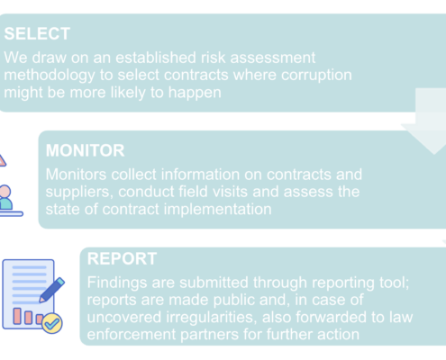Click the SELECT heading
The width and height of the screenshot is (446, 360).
click(x=37, y=33)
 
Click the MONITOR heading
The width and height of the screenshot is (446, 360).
click(x=85, y=150)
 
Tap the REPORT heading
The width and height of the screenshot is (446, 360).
click(x=122, y=258)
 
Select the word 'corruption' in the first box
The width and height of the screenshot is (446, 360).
click(x=316, y=76)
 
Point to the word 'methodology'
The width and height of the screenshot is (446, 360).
click(x=50, y=76)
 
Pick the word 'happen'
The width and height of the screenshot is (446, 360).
click(x=195, y=93)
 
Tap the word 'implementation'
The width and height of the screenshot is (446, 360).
click(x=217, y=210)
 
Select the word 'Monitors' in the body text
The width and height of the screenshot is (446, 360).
click(x=76, y=175)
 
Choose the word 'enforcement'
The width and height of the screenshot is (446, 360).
click(x=132, y=335)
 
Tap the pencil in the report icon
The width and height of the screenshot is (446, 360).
click(x=51, y=290)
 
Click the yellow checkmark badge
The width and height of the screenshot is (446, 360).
click(x=52, y=323)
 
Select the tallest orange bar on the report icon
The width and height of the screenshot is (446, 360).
click(x=17, y=316)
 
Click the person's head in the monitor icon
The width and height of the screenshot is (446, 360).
click(x=5, y=192)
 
